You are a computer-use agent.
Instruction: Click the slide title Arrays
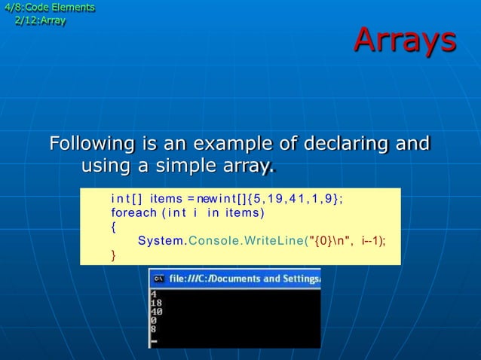pyautogui.click(x=405, y=41)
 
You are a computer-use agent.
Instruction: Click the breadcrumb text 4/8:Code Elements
pyautogui.click(x=50, y=8)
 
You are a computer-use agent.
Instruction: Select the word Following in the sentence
pyautogui.click(x=91, y=143)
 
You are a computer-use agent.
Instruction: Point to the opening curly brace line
pyautogui.click(x=114, y=227)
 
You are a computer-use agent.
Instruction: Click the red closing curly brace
pyautogui.click(x=114, y=255)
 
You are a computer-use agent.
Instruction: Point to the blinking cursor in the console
pyautogui.click(x=154, y=341)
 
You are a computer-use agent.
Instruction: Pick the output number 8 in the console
pyautogui.click(x=154, y=328)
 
